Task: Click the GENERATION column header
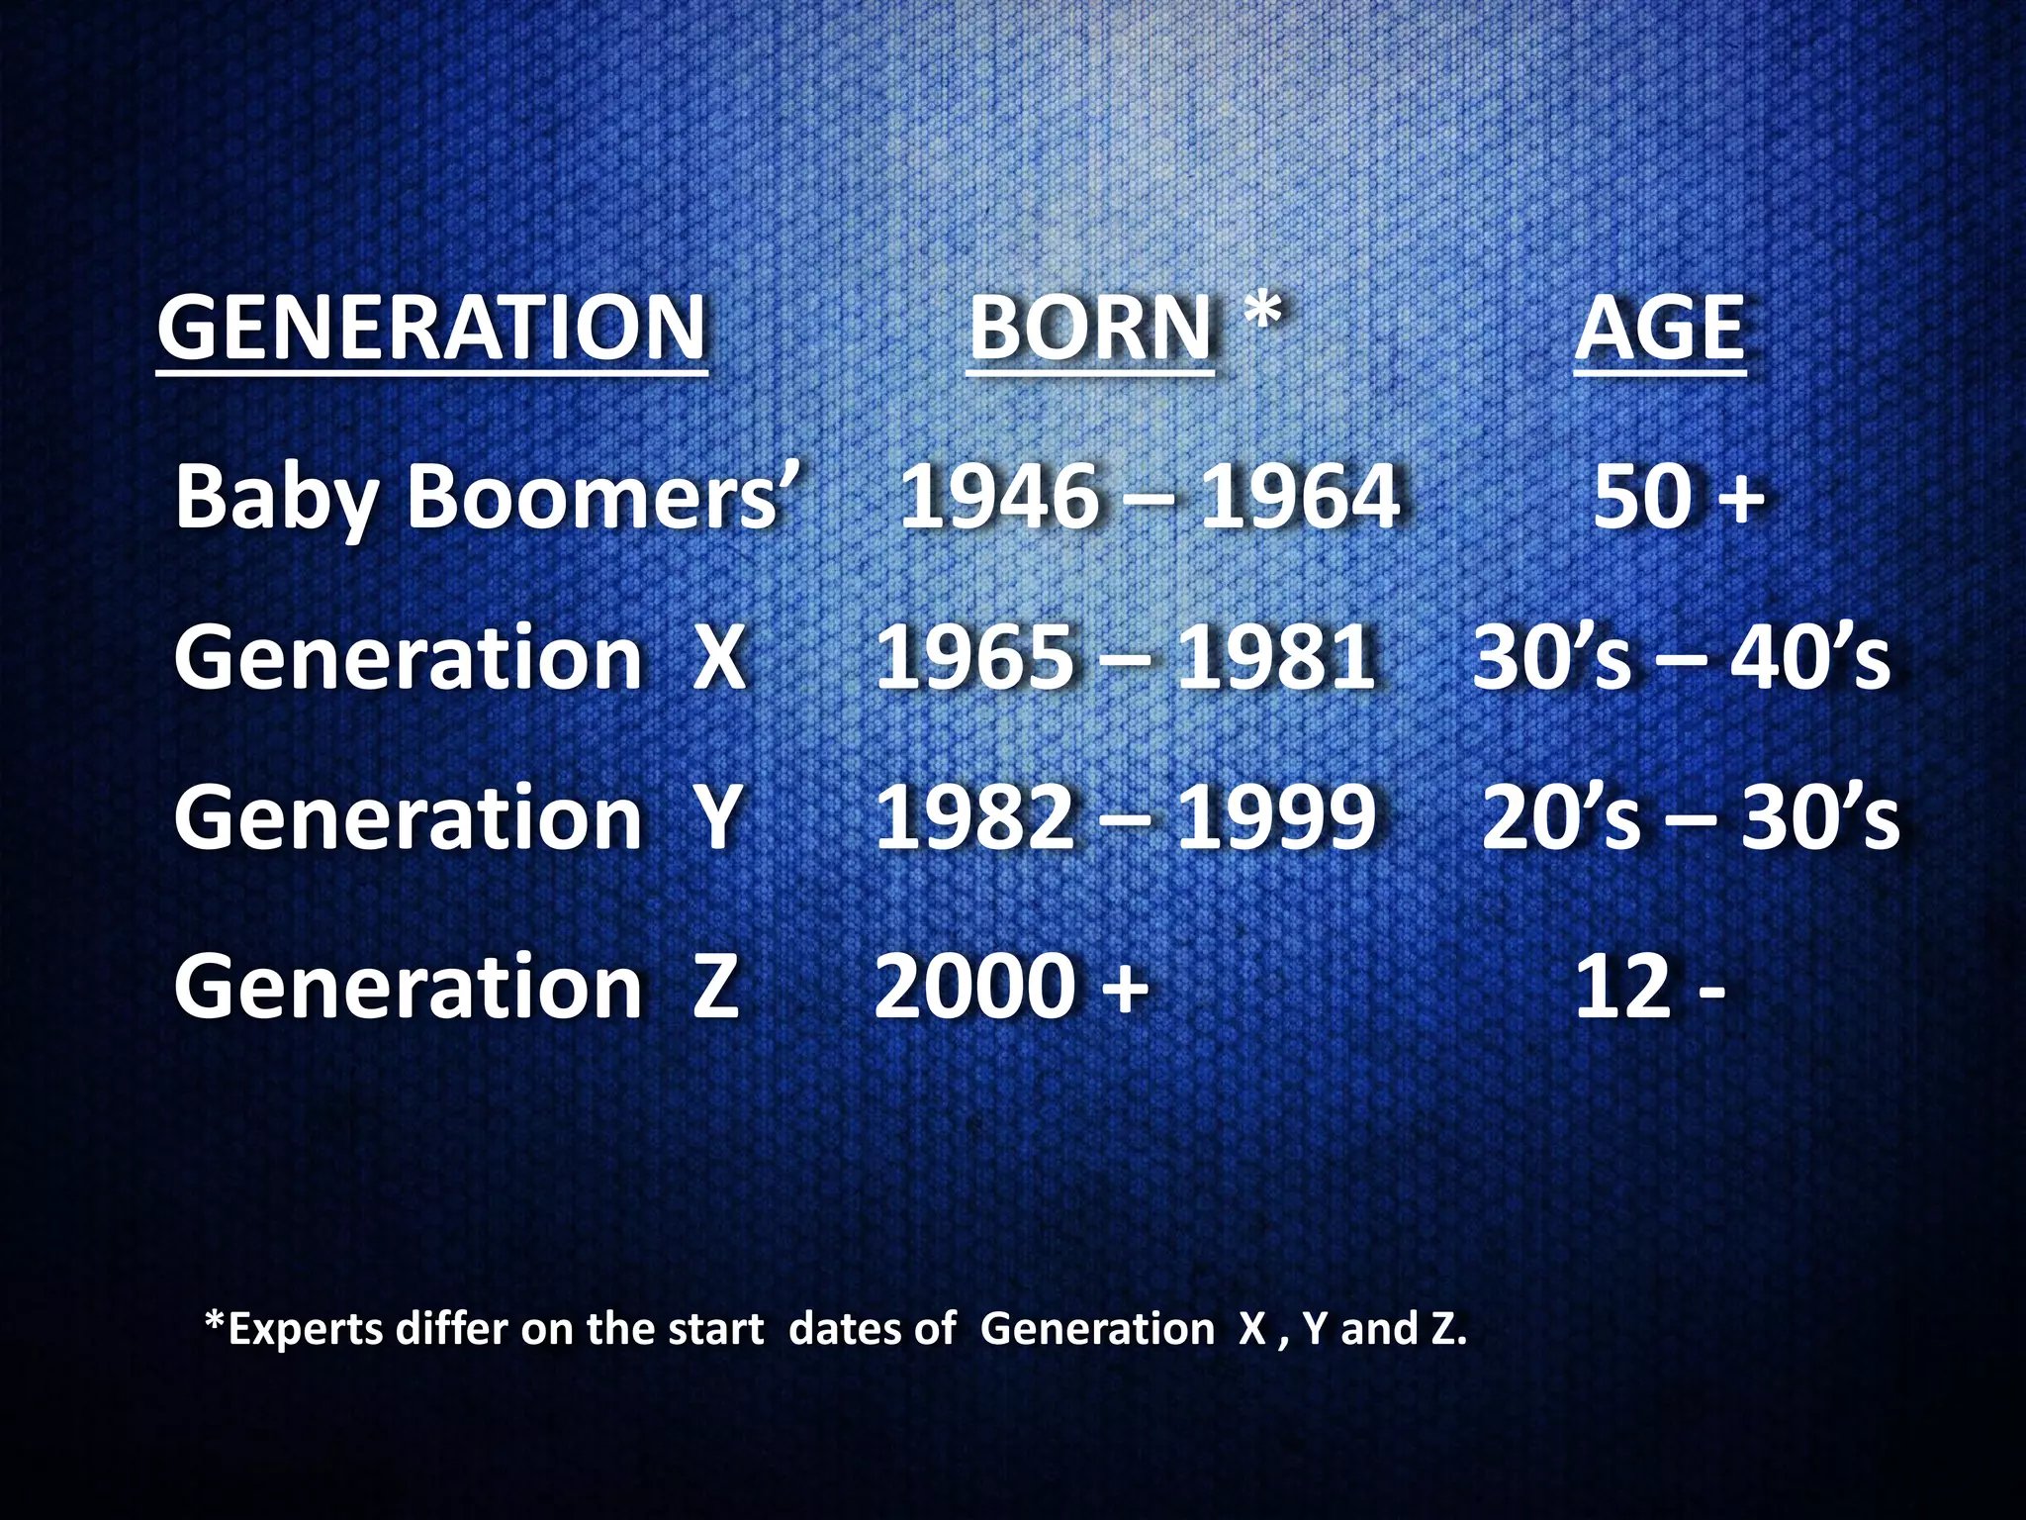click(x=432, y=329)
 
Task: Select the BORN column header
click(x=1090, y=329)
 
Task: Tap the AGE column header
click(x=1660, y=329)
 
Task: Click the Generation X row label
click(x=459, y=657)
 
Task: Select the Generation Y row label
click(x=457, y=817)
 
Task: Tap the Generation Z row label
click(x=457, y=986)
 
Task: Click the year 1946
click(x=998, y=495)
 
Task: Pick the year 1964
click(x=1300, y=495)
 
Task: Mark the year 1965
click(x=974, y=657)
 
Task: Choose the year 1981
click(x=1276, y=657)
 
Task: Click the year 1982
click(x=974, y=817)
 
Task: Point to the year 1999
click(x=1276, y=817)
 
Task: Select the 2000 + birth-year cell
click(x=1012, y=986)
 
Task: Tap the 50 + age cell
click(x=1679, y=495)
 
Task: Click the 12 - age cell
click(x=1650, y=986)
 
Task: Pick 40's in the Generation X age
click(x=1809, y=657)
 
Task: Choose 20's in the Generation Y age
click(x=1561, y=817)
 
